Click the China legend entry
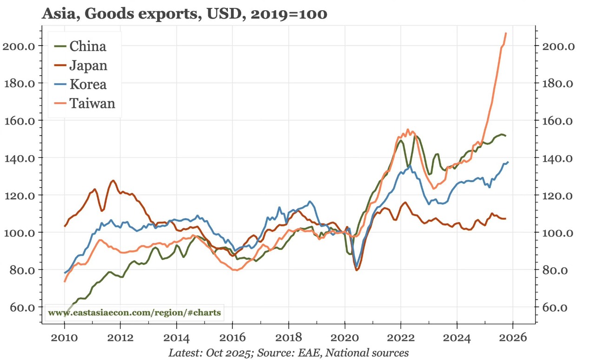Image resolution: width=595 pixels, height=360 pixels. point(87,46)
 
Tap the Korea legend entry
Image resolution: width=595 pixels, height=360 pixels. point(88,84)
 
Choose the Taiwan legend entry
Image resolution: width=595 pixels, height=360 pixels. point(92,103)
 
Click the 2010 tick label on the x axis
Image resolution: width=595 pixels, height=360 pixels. point(64,337)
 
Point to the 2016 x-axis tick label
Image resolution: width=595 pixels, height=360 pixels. point(232,337)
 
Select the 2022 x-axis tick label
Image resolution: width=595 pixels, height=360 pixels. point(401,337)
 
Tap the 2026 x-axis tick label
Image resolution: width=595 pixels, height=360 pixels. point(513,337)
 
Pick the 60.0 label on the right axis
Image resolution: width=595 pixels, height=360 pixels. point(555,308)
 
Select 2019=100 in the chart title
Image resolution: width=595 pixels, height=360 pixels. point(289,14)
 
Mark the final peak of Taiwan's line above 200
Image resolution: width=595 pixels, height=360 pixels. point(506,33)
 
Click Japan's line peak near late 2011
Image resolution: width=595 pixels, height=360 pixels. point(113,181)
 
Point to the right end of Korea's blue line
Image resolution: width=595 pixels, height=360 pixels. point(508,162)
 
